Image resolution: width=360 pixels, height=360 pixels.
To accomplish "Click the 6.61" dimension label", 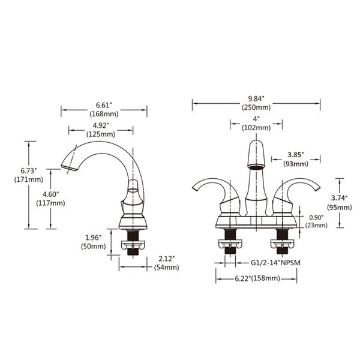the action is (104, 106).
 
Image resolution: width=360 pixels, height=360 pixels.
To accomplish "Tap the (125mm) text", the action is (101, 134).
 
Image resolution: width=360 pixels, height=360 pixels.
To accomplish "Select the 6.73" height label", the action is (29, 171).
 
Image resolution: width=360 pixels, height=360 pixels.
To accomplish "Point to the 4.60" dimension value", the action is (51, 194).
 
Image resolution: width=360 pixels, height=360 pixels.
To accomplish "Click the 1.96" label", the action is (93, 238).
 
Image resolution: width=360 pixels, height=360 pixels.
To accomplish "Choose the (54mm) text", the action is (166, 268).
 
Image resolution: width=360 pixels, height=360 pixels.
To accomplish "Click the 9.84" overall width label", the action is (256, 99).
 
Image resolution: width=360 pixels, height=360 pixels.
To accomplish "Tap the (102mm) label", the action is (256, 128).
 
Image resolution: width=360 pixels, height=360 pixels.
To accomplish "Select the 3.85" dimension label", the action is (296, 155).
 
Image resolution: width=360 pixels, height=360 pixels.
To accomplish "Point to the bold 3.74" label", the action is (340, 198).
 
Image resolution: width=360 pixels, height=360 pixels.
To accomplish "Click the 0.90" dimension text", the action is (316, 217).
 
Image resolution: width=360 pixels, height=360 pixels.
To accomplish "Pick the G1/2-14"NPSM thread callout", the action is (275, 263).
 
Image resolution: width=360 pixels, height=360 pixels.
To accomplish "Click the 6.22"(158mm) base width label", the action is (257, 278).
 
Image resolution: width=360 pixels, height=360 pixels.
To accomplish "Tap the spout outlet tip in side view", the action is (69, 168).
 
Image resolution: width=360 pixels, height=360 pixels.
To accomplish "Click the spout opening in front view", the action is (256, 166).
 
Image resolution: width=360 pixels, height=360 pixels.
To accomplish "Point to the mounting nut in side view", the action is (133, 244).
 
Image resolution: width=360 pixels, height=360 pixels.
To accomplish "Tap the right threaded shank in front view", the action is (282, 241).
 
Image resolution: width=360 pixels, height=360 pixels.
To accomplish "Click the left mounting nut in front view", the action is (230, 244).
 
